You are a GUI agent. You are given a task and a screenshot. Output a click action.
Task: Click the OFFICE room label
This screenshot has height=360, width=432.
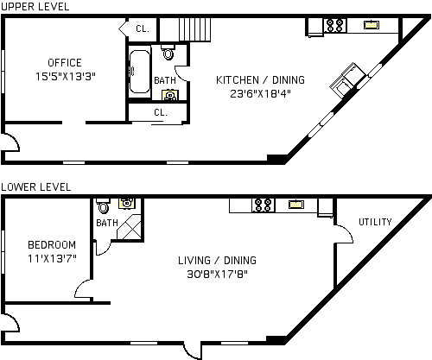click(x=65, y=63)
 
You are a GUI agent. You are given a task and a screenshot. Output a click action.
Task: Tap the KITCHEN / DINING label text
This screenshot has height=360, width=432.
click(x=260, y=80)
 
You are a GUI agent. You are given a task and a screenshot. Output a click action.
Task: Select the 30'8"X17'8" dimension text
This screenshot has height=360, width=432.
click(x=218, y=274)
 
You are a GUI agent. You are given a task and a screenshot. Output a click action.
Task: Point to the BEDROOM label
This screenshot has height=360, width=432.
click(x=52, y=245)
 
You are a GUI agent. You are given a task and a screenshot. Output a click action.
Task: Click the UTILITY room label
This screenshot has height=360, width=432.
click(x=375, y=222)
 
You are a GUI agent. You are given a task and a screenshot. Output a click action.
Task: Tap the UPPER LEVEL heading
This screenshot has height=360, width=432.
click(x=35, y=7)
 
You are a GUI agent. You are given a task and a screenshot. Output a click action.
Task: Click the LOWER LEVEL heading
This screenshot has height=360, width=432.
click(x=35, y=187)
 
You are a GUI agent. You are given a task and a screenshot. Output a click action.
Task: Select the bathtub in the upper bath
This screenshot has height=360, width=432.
click(x=139, y=72)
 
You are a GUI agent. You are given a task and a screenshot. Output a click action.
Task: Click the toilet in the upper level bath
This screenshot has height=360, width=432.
click(x=168, y=52)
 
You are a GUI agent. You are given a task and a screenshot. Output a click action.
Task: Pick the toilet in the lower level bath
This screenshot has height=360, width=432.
click(x=103, y=205)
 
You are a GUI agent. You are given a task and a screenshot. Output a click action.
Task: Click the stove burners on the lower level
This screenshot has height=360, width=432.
click(x=264, y=205)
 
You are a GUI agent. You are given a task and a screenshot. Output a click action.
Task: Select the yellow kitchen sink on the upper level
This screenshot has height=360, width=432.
click(x=372, y=25)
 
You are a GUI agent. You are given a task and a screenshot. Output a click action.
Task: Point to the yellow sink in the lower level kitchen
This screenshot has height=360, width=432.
click(x=296, y=205)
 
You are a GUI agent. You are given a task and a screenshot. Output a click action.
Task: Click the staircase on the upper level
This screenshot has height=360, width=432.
click(x=185, y=29)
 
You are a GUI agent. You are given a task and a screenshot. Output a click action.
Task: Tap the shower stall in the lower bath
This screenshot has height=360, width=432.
click(x=130, y=227)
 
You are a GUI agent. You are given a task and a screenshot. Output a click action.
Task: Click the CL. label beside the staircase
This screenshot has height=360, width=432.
click(x=143, y=28)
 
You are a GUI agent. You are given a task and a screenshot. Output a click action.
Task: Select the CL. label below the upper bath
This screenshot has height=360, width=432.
click(x=161, y=112)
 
